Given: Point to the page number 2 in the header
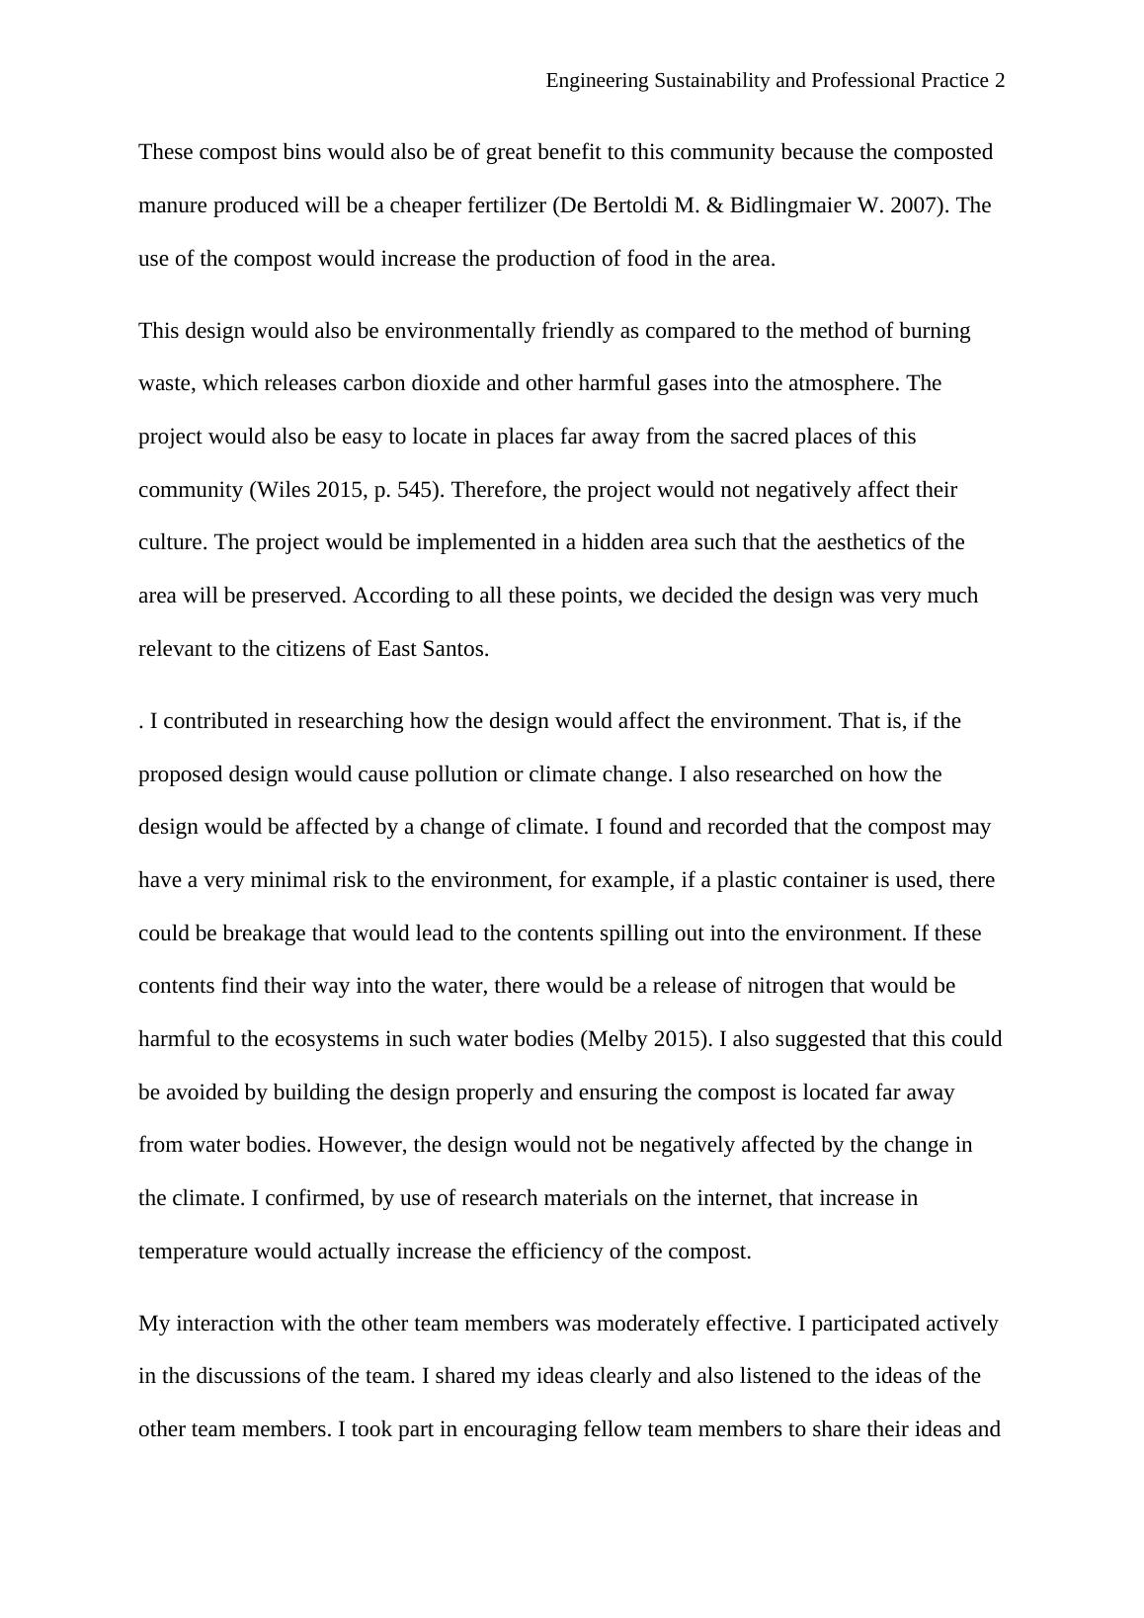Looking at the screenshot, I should (x=999, y=81).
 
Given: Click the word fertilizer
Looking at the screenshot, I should (x=496, y=205).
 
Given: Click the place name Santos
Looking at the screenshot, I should (x=455, y=649).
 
